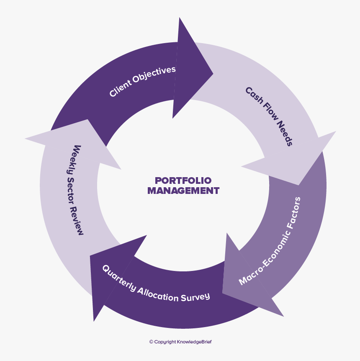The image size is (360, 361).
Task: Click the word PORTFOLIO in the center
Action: (x=183, y=180)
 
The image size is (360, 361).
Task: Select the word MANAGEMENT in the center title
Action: (x=183, y=191)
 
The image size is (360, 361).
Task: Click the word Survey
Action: (x=195, y=297)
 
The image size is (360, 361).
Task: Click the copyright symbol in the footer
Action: (x=151, y=342)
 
